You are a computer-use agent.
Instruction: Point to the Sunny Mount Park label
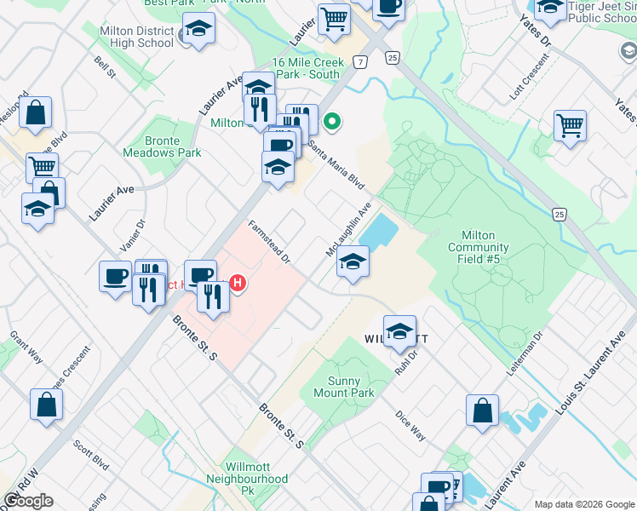coord(349,388)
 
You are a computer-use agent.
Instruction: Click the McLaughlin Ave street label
coord(349,230)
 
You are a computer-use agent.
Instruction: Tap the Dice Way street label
coord(410,426)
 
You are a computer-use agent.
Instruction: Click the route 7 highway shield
coord(361,62)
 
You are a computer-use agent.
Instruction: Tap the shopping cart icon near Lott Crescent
coord(570,126)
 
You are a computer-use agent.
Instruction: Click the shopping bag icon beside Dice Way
coord(482,410)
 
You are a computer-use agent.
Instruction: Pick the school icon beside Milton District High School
coord(199,30)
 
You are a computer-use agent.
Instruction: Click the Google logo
coord(28,501)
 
